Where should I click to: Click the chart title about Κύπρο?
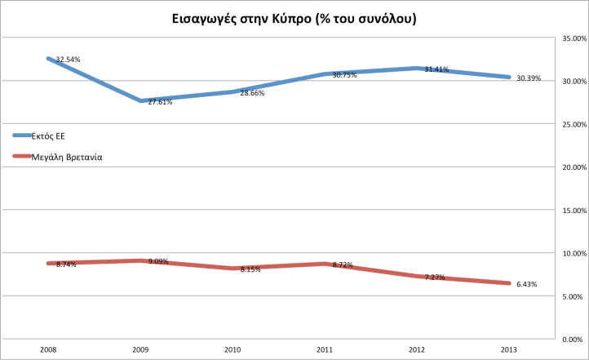(294, 17)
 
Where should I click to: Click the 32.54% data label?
(68, 60)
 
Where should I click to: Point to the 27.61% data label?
(160, 102)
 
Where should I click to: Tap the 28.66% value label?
(252, 93)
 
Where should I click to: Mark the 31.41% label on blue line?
(436, 69)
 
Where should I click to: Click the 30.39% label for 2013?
(529, 78)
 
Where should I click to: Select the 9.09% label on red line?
(160, 262)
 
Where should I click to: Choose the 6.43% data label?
(527, 284)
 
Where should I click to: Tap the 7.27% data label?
(436, 278)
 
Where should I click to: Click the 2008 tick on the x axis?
(48, 349)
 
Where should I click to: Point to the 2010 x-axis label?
(233, 349)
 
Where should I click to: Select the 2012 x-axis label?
(418, 349)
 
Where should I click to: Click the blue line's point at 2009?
(141, 101)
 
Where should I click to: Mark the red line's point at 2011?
(325, 264)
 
